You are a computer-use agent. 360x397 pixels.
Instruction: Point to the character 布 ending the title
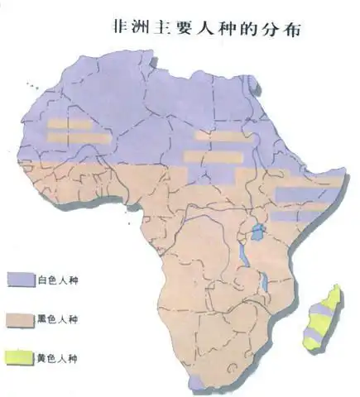point(291,26)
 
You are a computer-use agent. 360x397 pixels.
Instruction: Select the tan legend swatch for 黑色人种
point(22,318)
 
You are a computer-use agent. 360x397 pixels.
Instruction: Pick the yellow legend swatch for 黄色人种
point(22,358)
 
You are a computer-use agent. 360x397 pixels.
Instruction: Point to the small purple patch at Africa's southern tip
point(196,381)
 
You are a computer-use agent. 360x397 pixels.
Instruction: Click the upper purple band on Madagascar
point(326,307)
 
